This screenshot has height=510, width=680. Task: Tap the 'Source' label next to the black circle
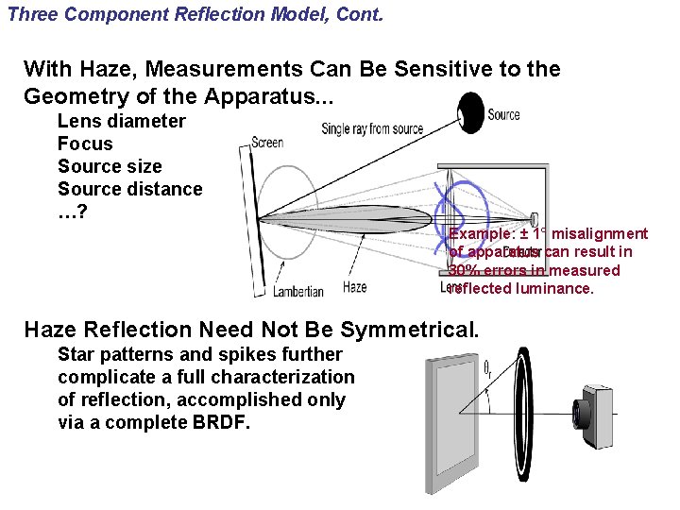point(503,114)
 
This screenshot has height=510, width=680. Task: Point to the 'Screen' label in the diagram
point(267,143)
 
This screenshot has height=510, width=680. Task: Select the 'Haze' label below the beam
point(355,287)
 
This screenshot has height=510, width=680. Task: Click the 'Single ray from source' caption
point(372,128)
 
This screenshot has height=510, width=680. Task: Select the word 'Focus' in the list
point(85,144)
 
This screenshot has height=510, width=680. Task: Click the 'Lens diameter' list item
point(122,121)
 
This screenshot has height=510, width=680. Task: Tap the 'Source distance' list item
point(130,189)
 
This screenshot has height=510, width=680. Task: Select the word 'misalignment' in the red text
point(600,233)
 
